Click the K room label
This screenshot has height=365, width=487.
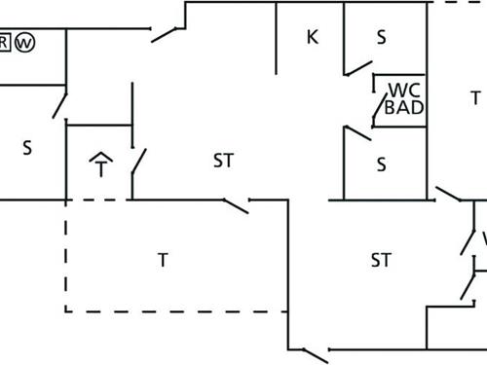tap(313, 38)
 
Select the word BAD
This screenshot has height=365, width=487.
tap(404, 107)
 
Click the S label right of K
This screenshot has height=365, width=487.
tap(382, 38)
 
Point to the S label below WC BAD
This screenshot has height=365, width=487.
tap(382, 164)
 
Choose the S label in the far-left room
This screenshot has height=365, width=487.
tap(27, 148)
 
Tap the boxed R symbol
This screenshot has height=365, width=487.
tap(4, 43)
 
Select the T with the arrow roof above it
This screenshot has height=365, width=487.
tap(100, 166)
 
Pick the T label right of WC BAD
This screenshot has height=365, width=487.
tap(475, 97)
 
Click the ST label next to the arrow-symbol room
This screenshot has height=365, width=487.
tap(223, 161)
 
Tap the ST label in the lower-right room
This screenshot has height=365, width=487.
tap(381, 260)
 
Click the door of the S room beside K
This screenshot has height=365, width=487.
tap(357, 67)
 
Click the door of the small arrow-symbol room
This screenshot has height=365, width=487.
tap(138, 160)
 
